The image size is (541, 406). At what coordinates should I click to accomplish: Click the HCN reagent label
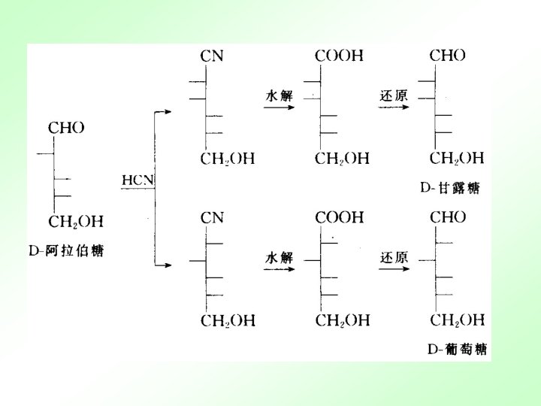click(x=138, y=180)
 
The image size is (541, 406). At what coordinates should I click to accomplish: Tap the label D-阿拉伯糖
click(x=66, y=251)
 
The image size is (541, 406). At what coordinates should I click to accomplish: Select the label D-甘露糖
click(x=450, y=189)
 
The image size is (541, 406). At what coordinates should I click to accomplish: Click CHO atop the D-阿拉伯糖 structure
click(x=66, y=129)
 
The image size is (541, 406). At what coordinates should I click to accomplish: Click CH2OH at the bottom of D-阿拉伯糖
click(x=75, y=222)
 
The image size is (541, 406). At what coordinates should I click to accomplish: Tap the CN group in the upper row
click(x=212, y=56)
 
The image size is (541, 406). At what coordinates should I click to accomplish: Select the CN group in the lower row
click(x=212, y=217)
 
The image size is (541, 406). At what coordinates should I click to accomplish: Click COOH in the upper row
click(x=339, y=56)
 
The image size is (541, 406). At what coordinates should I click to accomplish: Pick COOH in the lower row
click(x=339, y=217)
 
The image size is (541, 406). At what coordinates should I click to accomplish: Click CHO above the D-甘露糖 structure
click(x=448, y=56)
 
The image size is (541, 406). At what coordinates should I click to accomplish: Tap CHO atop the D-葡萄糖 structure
click(x=448, y=217)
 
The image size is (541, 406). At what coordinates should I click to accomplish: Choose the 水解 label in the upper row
click(x=279, y=95)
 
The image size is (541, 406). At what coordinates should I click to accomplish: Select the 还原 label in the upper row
click(x=394, y=95)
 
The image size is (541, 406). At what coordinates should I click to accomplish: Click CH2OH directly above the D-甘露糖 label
click(x=457, y=158)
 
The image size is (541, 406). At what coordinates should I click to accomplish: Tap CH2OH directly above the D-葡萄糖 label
click(x=457, y=320)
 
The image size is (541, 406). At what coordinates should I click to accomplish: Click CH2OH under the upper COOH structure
click(x=343, y=159)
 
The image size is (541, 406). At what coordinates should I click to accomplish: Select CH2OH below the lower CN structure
click(x=228, y=321)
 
